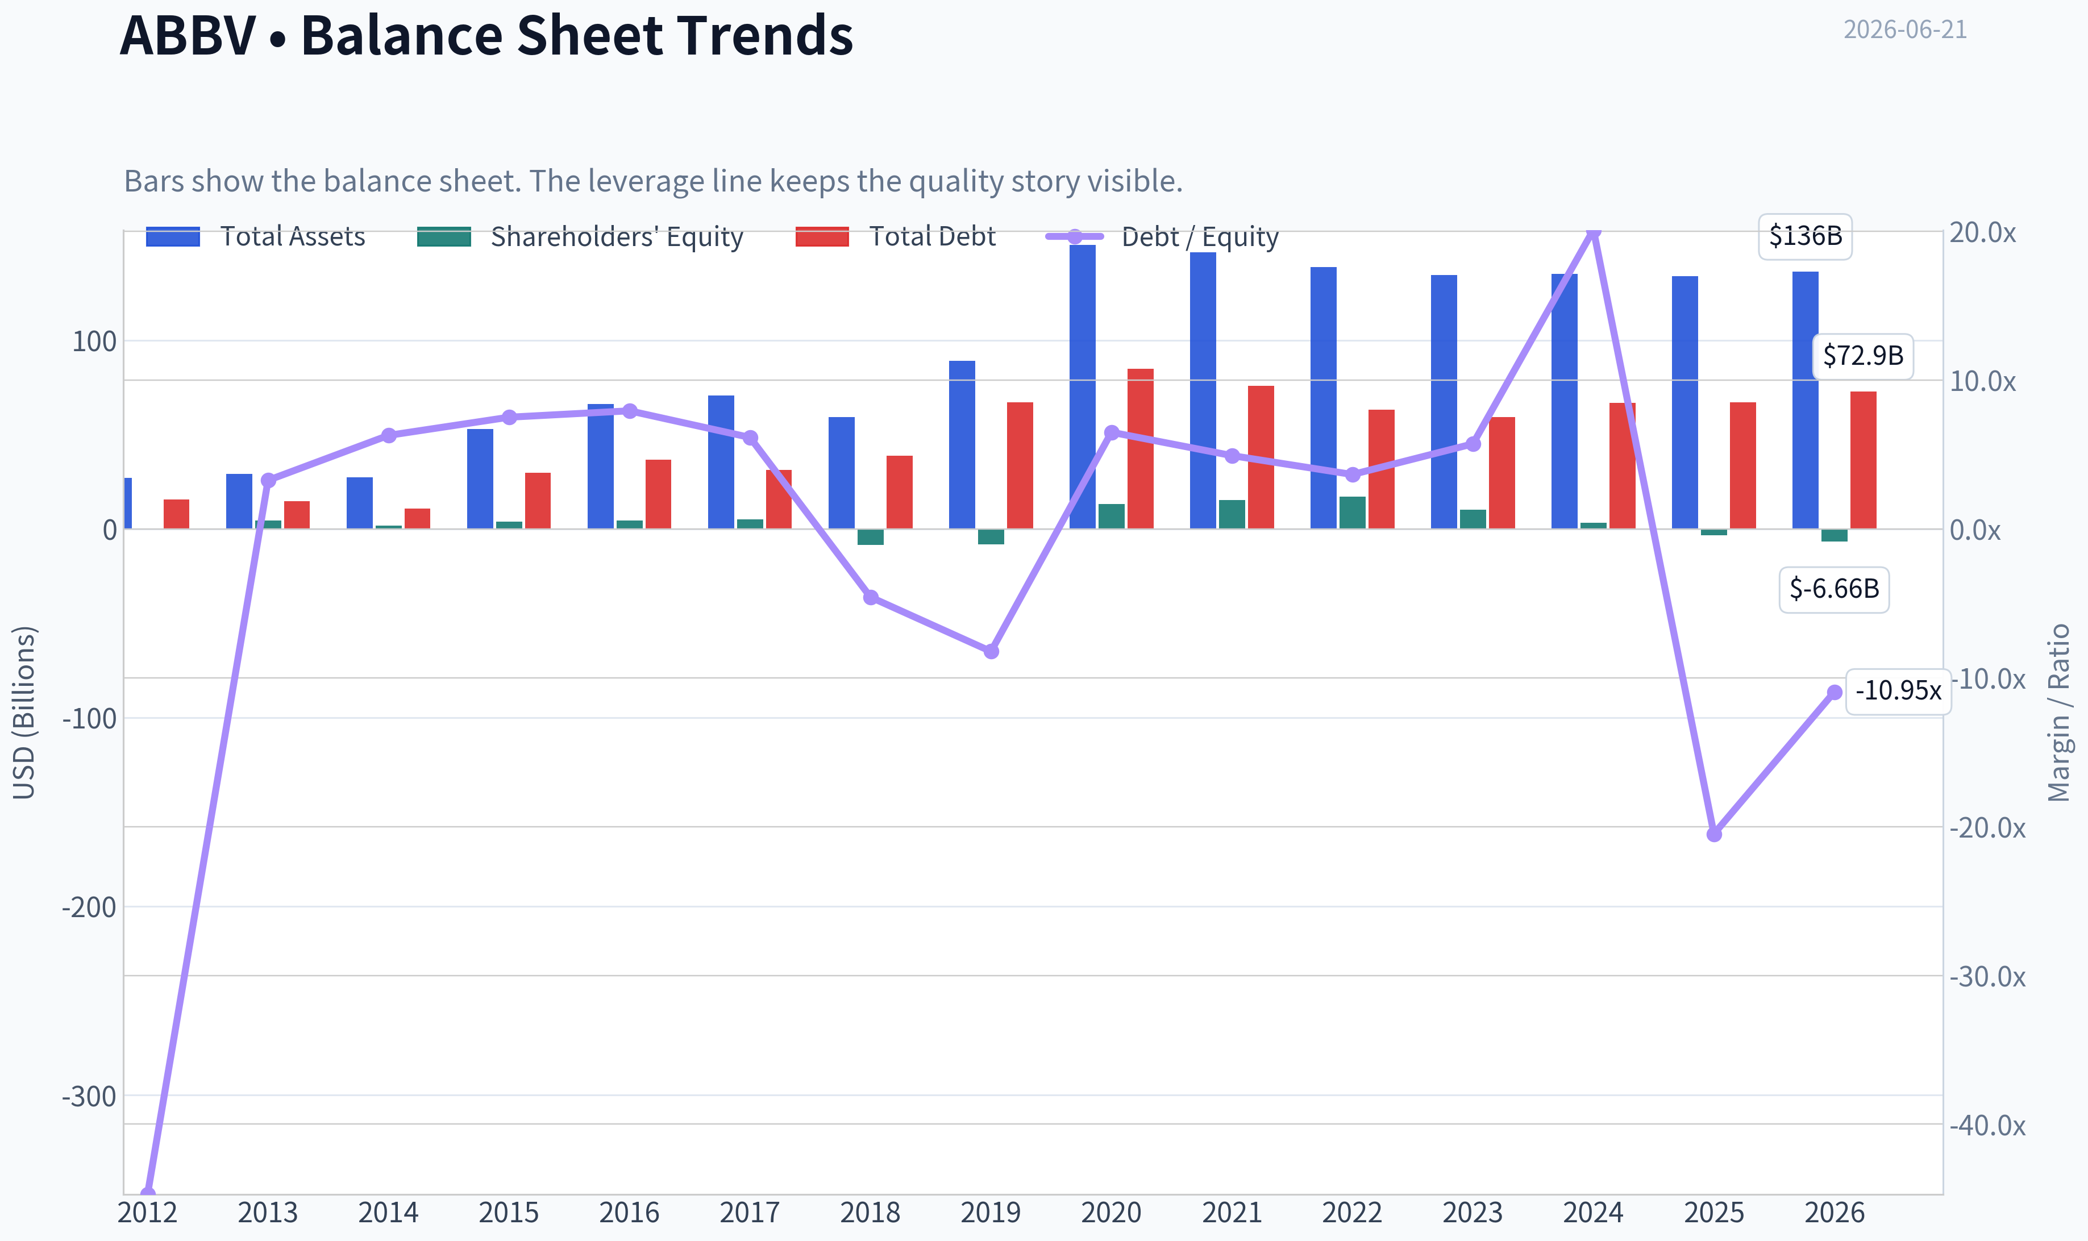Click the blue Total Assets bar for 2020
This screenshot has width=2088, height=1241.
click(x=1082, y=386)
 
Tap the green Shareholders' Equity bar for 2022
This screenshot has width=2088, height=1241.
click(x=1352, y=513)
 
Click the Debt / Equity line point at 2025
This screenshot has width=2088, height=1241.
click(x=1714, y=834)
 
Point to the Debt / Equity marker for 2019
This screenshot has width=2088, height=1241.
click(x=991, y=651)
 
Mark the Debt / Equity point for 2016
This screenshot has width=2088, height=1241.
click(x=630, y=411)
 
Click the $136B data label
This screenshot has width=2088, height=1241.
click(x=1806, y=236)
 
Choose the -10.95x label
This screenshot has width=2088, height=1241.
click(x=1898, y=692)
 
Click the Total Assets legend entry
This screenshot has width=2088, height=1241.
click(x=256, y=236)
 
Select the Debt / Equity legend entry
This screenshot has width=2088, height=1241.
click(x=1162, y=236)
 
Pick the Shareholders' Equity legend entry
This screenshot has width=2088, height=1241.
click(x=580, y=236)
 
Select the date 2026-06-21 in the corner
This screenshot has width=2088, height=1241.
click(x=1905, y=30)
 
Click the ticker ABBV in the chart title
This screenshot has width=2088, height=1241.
click(x=188, y=36)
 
